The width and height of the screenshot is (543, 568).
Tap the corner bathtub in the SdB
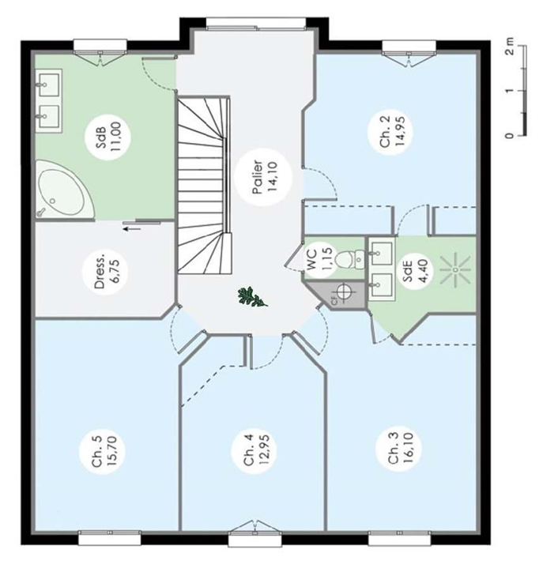pos(63,190)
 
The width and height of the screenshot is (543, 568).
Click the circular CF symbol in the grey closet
pos(345,291)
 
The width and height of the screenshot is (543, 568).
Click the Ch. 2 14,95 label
pos(392,131)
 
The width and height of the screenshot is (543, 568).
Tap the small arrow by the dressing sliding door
pos(131,228)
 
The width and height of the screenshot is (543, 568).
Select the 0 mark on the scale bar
pos(510,135)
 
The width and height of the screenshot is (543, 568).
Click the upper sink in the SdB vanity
pos(48,85)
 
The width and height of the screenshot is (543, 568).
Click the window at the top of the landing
pos(256,24)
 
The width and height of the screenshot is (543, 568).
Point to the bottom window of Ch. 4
pos(255,537)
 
